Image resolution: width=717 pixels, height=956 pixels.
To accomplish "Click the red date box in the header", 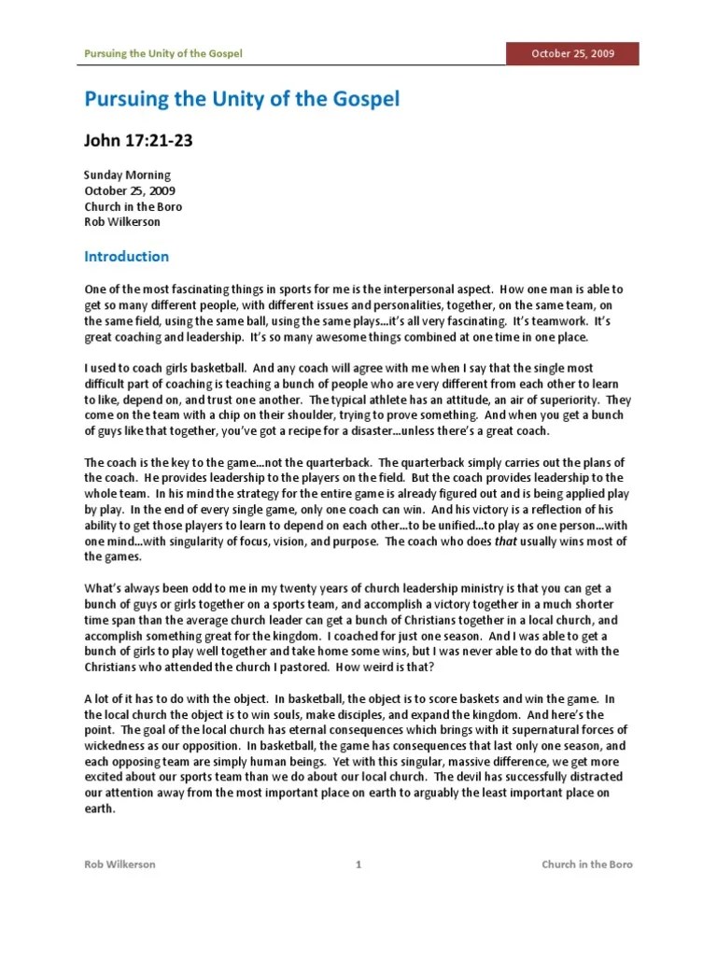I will click(x=572, y=54).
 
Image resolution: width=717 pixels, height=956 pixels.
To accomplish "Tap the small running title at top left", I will click(x=163, y=54).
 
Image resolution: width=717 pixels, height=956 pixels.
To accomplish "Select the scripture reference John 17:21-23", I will click(x=139, y=141).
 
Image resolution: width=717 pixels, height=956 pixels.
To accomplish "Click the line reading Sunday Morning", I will click(x=127, y=176).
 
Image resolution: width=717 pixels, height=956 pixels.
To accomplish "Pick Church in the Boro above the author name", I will click(x=134, y=206).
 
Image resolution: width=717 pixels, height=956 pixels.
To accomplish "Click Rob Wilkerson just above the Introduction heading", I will click(x=121, y=222).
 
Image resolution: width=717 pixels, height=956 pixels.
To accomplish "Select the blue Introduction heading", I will click(x=127, y=257).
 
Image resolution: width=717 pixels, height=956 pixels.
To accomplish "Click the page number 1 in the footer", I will click(x=358, y=865).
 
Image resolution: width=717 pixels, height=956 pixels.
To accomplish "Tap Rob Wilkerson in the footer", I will click(x=120, y=865).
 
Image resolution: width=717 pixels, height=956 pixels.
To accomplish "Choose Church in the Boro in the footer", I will click(x=587, y=865).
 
